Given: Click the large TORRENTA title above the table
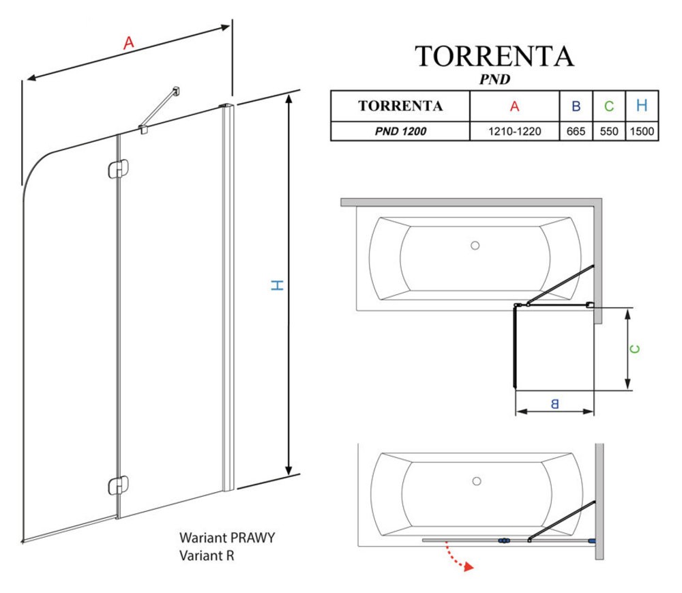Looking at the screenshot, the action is [x=494, y=57].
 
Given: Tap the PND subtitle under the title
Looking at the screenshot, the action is [x=495, y=79].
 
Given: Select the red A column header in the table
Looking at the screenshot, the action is [x=514, y=106].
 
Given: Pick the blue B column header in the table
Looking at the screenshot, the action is [x=576, y=106].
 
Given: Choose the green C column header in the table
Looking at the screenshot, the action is [x=609, y=106].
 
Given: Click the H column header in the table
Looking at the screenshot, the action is [x=642, y=106].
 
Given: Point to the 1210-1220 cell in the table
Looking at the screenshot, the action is [x=514, y=132].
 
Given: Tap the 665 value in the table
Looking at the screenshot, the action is [x=576, y=132].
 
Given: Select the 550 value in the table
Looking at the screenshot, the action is [x=609, y=132].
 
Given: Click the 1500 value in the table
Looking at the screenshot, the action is [x=642, y=132].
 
